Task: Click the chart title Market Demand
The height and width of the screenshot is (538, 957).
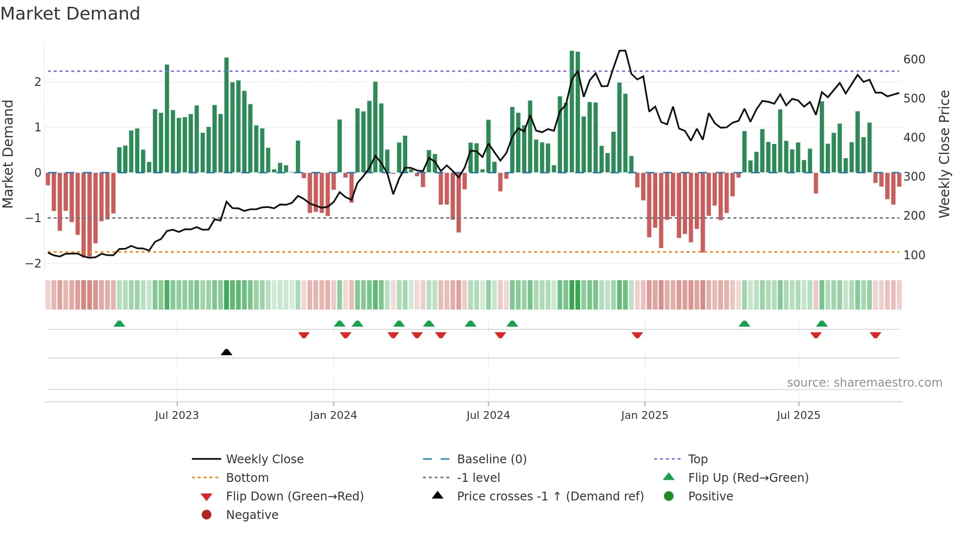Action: click(x=70, y=14)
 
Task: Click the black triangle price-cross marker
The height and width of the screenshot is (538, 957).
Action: click(x=226, y=352)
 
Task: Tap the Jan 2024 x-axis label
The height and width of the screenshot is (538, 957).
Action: click(x=333, y=415)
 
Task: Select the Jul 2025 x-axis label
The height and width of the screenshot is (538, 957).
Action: click(x=798, y=415)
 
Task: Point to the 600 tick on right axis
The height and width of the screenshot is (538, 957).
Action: click(x=914, y=60)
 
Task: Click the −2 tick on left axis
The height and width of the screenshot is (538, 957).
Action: click(x=33, y=264)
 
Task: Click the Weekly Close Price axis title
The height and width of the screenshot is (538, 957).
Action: click(x=944, y=154)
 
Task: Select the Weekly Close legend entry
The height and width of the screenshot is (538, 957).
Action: click(x=264, y=459)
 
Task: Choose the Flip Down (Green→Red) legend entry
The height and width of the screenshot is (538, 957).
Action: click(x=294, y=497)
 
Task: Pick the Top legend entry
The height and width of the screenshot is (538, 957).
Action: click(x=697, y=459)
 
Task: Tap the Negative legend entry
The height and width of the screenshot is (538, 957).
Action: click(x=252, y=515)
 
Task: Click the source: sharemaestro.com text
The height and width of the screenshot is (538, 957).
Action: click(x=864, y=383)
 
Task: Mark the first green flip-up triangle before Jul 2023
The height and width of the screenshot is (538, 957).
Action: click(x=119, y=324)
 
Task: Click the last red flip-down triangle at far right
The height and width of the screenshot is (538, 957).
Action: click(x=875, y=335)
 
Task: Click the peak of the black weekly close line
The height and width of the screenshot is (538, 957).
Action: click(x=622, y=51)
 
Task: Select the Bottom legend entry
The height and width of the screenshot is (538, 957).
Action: click(x=247, y=478)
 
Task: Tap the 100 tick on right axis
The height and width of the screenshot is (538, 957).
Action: click(x=914, y=255)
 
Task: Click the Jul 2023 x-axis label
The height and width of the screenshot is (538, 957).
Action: click(x=177, y=415)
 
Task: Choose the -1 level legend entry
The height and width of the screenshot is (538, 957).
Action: click(x=478, y=478)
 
